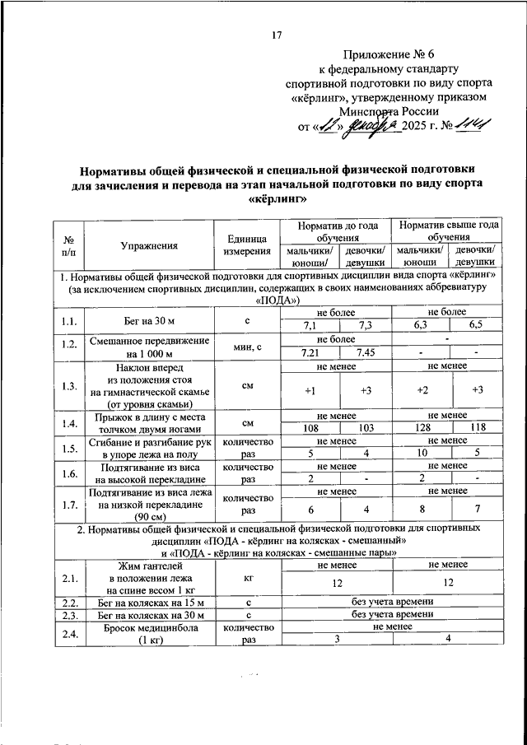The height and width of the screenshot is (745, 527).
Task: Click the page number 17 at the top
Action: [277, 35]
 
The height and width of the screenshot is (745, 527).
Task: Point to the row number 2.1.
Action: [69, 580]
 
